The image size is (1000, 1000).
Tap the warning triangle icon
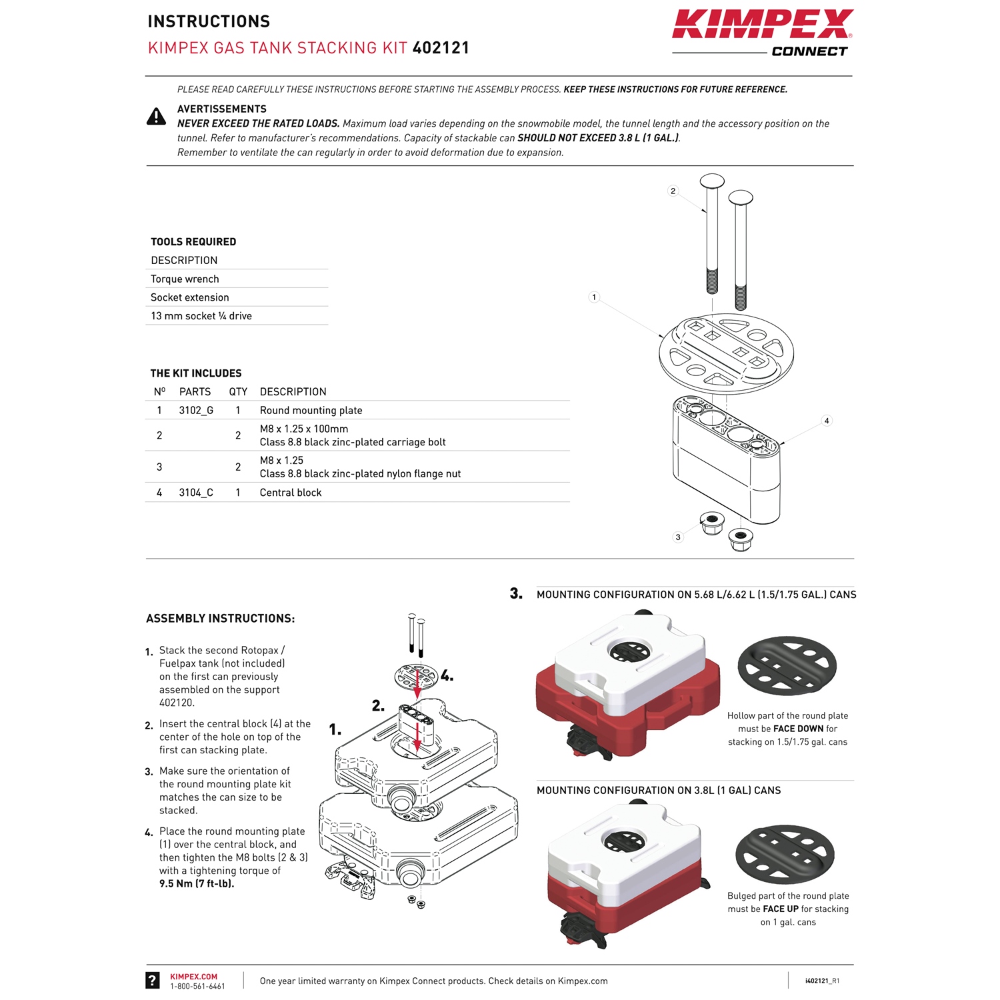[x=156, y=117]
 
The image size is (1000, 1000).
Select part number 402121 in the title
[x=441, y=48]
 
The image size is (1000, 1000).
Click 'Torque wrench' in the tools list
[x=185, y=279]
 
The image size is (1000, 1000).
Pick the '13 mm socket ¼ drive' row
[x=201, y=316]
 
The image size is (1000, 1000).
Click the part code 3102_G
[x=196, y=411]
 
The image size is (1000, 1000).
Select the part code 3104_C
[x=196, y=493]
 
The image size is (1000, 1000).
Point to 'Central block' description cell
[x=291, y=493]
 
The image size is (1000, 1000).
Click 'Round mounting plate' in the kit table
[x=311, y=411]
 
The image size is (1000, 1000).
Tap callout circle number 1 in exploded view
[x=594, y=297]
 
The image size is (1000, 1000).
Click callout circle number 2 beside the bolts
[x=673, y=191]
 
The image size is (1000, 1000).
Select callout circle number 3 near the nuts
[x=678, y=537]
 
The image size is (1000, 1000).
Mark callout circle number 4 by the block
[x=827, y=421]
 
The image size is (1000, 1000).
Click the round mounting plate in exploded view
[x=726, y=353]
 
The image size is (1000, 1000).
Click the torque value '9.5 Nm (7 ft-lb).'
[x=197, y=884]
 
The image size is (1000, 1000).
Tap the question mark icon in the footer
[x=153, y=980]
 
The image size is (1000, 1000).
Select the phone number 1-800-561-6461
[x=197, y=987]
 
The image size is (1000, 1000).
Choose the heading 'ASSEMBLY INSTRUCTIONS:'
[x=220, y=619]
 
